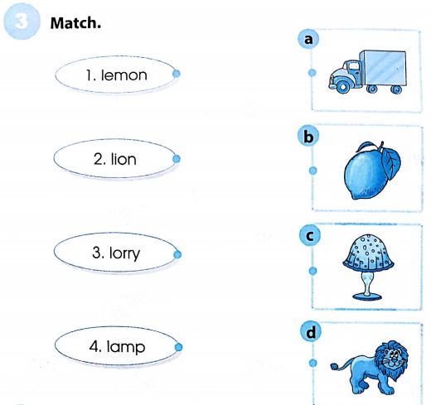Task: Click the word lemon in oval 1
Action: (124, 75)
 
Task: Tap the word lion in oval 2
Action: (123, 159)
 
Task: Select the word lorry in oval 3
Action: (124, 253)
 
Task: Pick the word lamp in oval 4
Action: (126, 347)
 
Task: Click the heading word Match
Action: (75, 23)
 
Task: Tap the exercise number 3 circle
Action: (22, 22)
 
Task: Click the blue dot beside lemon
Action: (176, 74)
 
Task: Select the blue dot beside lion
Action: (176, 159)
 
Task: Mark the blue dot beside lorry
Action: (177, 254)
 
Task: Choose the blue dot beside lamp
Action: (178, 347)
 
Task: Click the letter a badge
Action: (308, 39)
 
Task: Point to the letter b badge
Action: (308, 137)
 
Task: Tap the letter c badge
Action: (310, 235)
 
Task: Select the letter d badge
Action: (311, 332)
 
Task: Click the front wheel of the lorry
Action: (343, 87)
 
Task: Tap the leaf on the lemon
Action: (390, 162)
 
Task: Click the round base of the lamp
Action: (367, 297)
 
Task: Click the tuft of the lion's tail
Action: (334, 366)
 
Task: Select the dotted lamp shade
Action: (368, 253)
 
